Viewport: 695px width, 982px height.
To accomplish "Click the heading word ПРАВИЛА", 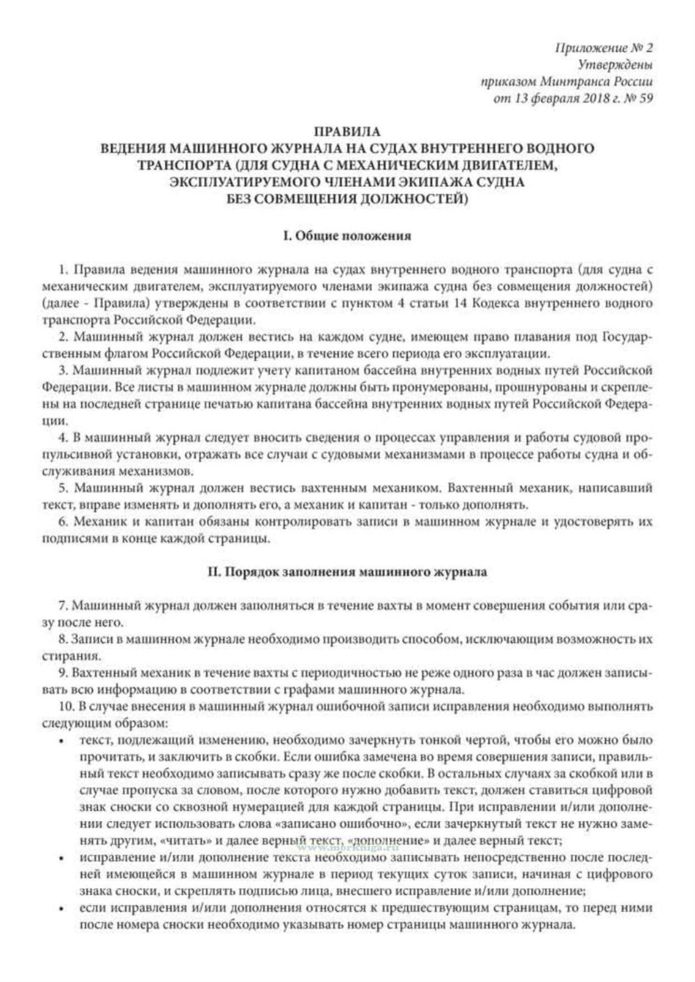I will pos(347,132).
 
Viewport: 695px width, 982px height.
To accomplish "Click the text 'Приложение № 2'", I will pos(604,48).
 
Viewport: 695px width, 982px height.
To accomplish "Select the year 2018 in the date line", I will pos(584,99).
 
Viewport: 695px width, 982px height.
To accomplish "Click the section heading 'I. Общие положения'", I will pos(347,236).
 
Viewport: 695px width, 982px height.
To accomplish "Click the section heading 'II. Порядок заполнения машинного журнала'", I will pos(347,572).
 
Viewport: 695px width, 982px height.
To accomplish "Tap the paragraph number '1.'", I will pos(63,270).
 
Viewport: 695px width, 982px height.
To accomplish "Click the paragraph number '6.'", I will pos(63,522).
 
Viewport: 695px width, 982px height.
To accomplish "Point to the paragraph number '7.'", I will pos(62,606).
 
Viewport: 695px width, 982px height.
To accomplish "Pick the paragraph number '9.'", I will pos(62,673).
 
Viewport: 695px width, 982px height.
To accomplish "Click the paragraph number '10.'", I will pos(66,707).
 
